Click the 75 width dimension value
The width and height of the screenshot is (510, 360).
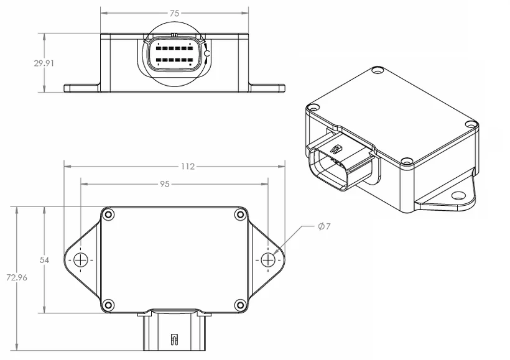tap(175, 12)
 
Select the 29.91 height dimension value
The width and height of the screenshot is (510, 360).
tap(44, 63)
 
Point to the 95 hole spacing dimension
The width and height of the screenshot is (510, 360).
tap(165, 184)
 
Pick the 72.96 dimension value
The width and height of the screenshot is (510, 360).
tap(16, 277)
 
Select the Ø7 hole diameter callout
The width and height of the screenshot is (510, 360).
tap(323, 226)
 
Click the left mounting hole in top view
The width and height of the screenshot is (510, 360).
tap(81, 260)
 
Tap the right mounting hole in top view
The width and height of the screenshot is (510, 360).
tap(268, 260)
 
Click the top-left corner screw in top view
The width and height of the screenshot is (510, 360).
tap(109, 215)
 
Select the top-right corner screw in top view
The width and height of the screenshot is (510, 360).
tap(240, 215)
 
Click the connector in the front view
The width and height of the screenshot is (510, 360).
tap(174, 55)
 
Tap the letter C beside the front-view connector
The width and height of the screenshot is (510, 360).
tap(208, 55)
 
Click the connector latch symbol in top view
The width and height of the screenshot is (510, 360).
tap(174, 339)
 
